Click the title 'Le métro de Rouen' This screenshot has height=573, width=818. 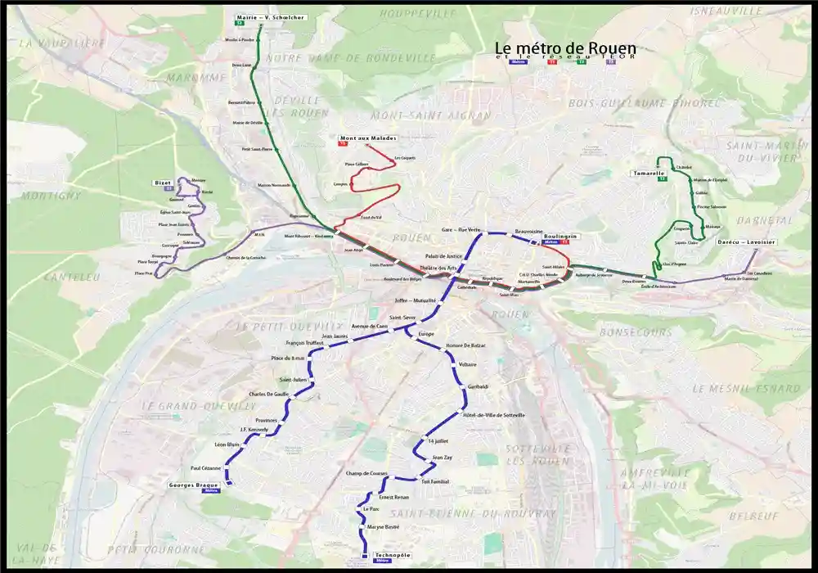(x=565, y=49)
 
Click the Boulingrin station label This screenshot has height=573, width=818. (x=560, y=236)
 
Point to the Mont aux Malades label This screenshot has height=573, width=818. (x=367, y=138)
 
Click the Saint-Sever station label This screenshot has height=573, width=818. (x=403, y=318)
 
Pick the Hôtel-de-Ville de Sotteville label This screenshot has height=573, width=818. (x=493, y=415)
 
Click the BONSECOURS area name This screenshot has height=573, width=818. (x=635, y=332)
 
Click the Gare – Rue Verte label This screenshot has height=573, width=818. (x=461, y=230)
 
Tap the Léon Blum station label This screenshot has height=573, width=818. (x=227, y=444)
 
